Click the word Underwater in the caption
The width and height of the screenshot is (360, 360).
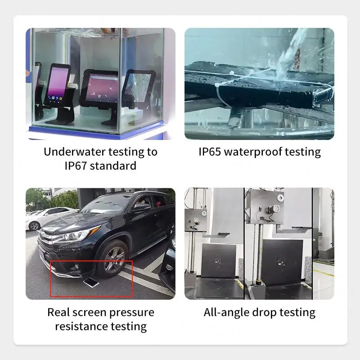click(x=74, y=152)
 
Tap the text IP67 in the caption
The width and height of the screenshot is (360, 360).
click(x=75, y=166)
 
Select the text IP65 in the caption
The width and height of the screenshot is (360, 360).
click(x=210, y=152)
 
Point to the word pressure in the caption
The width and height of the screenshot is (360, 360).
click(x=131, y=313)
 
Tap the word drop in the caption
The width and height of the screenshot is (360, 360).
click(x=264, y=313)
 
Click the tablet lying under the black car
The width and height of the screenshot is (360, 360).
click(x=91, y=282)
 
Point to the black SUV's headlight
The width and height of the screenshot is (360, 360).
click(x=76, y=234)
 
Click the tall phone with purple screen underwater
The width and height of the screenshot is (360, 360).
click(x=58, y=85)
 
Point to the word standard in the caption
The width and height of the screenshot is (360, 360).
click(x=113, y=166)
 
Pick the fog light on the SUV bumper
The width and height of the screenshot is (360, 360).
click(x=76, y=266)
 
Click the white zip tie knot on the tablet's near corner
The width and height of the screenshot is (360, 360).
click(x=217, y=85)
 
